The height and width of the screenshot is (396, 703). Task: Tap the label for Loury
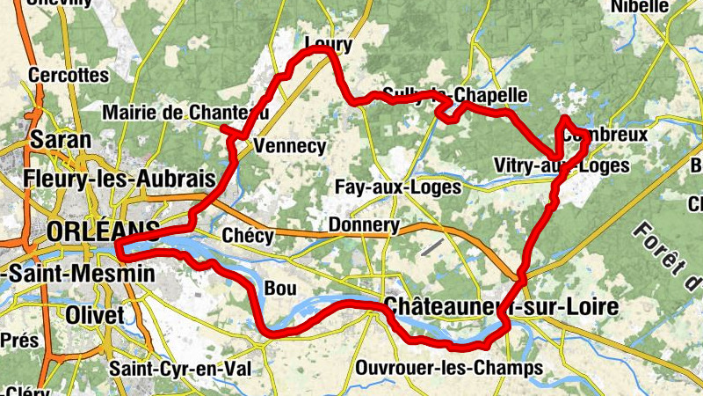328,44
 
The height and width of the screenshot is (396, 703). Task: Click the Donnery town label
363,225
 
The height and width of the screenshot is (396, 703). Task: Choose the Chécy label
248,237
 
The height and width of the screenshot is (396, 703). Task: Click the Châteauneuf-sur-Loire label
500,306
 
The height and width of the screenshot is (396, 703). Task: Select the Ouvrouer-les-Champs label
449,366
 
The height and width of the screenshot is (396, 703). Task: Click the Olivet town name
96,315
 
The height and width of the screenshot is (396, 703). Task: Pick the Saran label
61,139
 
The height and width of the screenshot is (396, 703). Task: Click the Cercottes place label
67,76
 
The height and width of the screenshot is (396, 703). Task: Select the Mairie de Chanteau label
185,113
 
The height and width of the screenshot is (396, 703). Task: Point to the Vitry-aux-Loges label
562,165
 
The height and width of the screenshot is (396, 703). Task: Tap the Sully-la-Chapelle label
454,95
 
